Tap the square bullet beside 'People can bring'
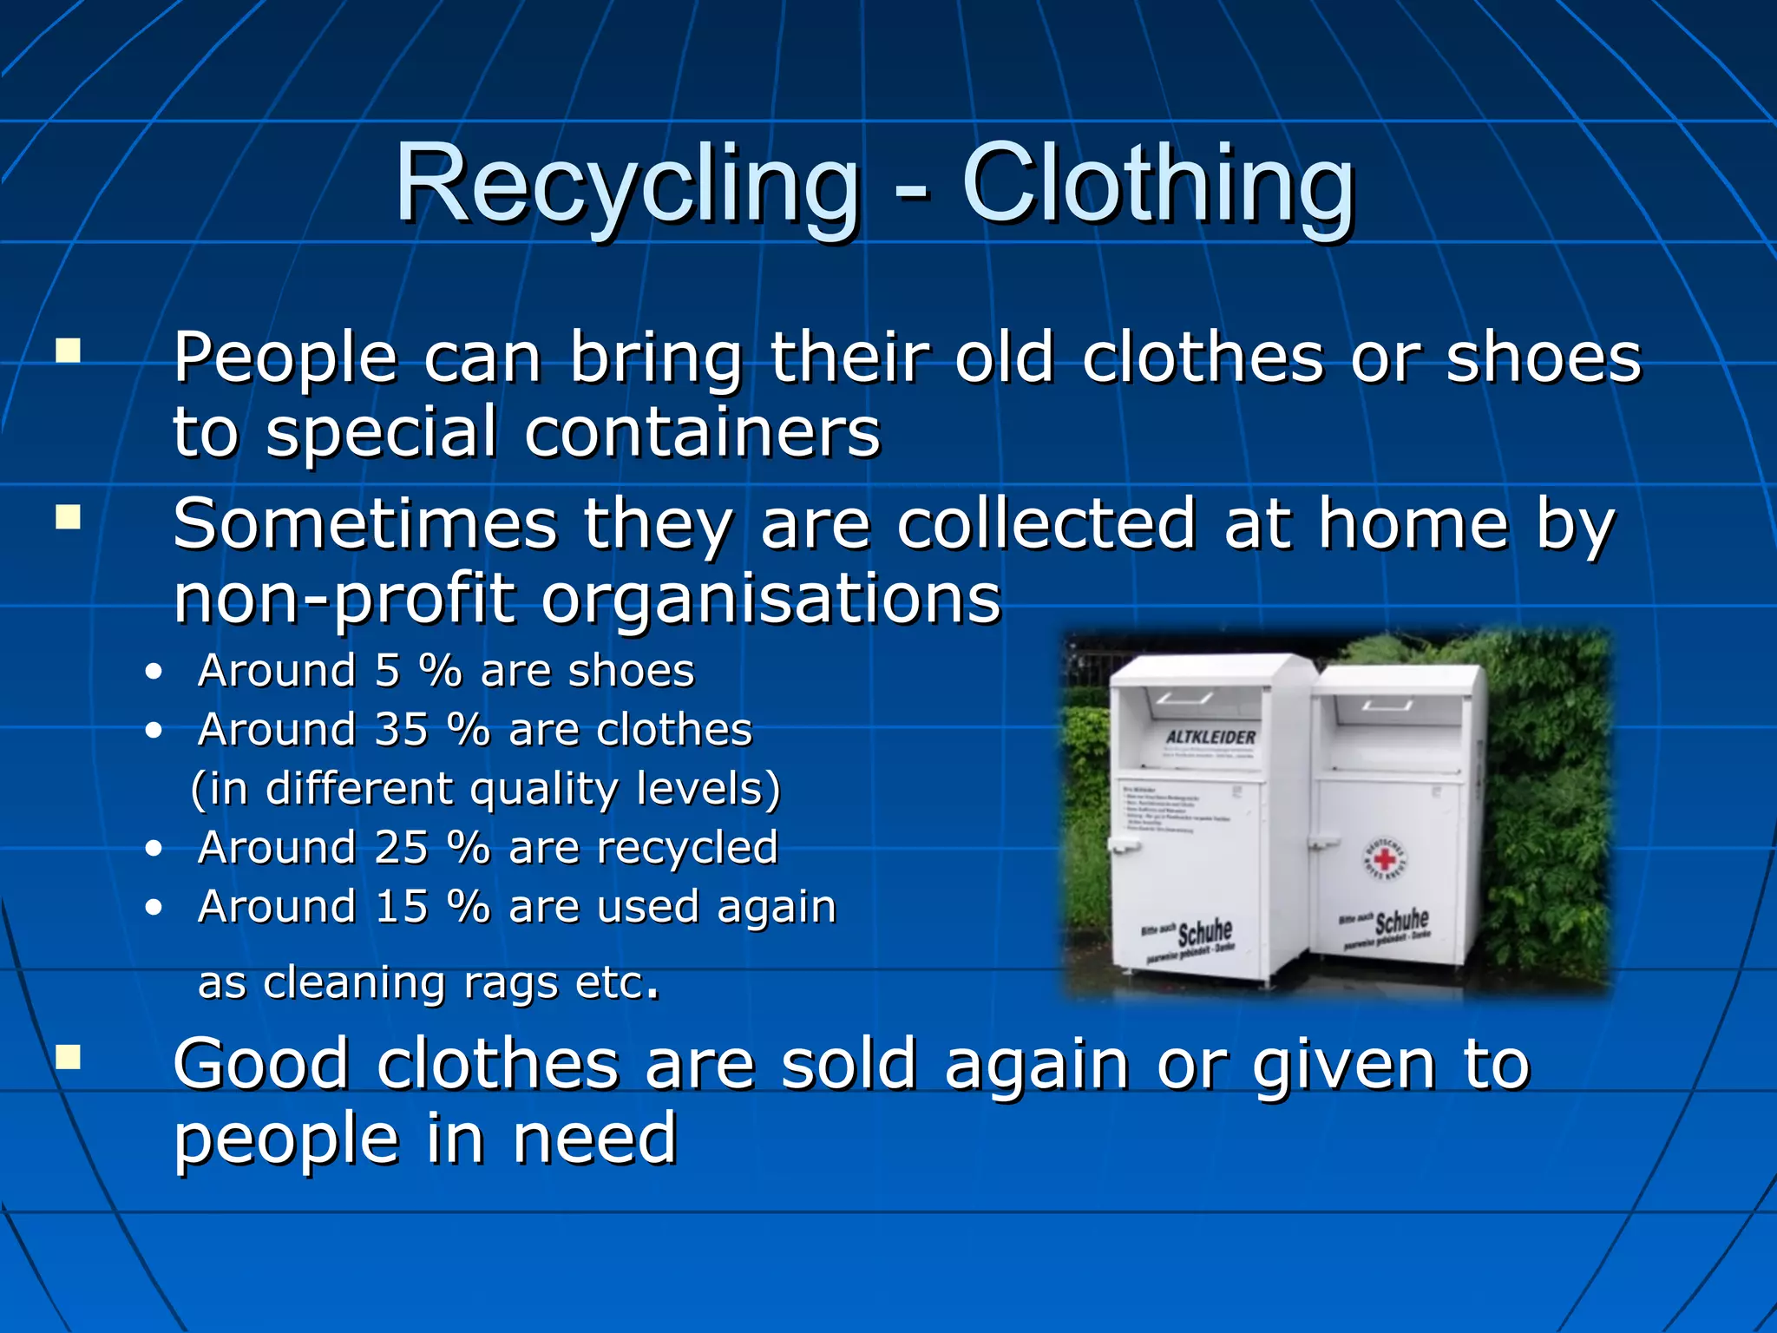68,351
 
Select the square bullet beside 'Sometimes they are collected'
68,518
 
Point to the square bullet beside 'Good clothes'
68,1057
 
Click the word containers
702,432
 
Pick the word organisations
771,599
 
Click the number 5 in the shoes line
387,671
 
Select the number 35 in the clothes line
401,730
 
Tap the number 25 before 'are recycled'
401,848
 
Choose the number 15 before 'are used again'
401,907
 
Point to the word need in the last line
594,1139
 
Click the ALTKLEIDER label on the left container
1210,738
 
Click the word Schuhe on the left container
1205,934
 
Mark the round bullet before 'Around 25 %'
154,848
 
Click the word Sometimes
364,525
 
